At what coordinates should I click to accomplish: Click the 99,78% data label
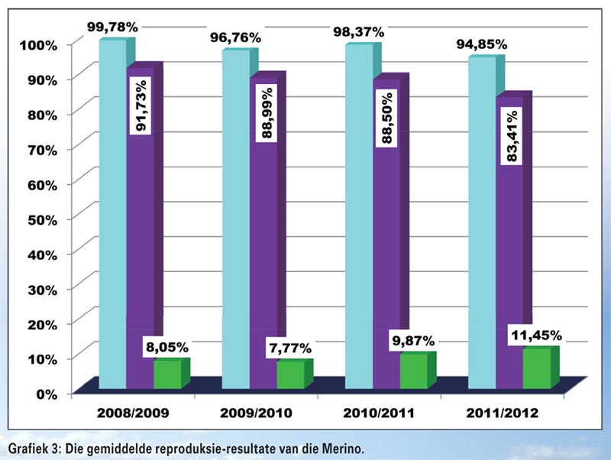112,27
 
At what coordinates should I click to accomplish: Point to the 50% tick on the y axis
36,218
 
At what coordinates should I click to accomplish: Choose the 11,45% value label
535,335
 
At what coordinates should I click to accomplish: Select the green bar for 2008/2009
167,374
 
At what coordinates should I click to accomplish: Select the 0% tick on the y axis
41,393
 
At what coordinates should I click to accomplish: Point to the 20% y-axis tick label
36,323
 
